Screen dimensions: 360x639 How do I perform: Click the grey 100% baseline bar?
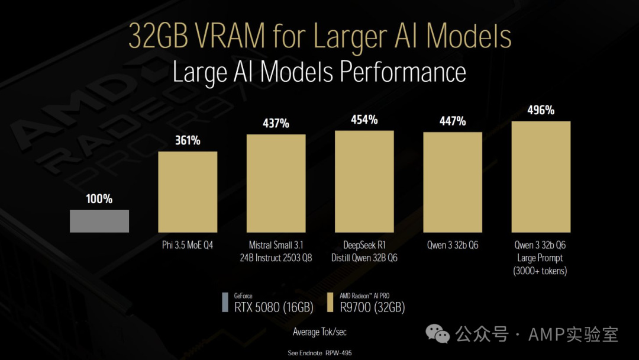(99, 221)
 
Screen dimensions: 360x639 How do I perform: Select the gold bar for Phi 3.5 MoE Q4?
(188, 191)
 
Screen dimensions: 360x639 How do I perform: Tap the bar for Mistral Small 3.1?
(276, 183)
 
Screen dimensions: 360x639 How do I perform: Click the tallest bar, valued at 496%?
(541, 176)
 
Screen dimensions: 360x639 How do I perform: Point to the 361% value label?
(188, 140)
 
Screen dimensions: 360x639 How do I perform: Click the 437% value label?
(276, 123)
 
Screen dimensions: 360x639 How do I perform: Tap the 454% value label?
(364, 119)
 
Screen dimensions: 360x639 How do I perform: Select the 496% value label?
(541, 110)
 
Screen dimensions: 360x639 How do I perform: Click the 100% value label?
(99, 199)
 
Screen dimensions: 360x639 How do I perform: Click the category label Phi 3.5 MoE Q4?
(188, 245)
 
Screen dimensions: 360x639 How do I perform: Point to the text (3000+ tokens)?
(541, 271)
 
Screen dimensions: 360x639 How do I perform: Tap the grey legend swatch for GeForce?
(225, 302)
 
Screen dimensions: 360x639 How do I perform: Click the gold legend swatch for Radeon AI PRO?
(330, 302)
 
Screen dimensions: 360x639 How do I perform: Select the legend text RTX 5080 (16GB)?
(270, 307)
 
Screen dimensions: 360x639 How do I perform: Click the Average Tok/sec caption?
(319, 332)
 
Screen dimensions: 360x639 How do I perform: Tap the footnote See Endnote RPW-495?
(319, 352)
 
